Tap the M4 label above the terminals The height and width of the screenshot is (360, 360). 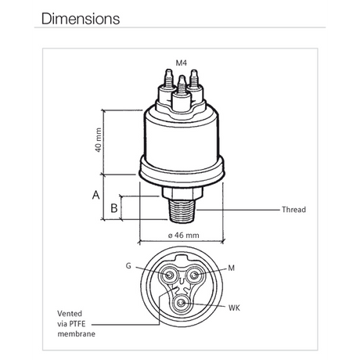[x=182, y=62]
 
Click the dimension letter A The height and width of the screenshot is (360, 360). [x=96, y=195]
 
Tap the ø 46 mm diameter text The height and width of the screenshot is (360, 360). [x=183, y=235]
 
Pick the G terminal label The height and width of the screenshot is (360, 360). [x=128, y=266]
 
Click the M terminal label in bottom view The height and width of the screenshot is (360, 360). [x=231, y=268]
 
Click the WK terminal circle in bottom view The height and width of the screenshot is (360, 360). [x=182, y=302]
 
